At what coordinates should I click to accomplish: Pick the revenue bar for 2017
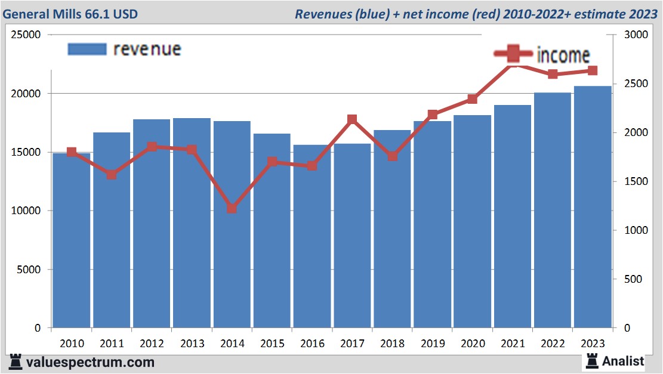[x=352, y=236]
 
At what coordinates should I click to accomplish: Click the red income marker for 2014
[x=232, y=209]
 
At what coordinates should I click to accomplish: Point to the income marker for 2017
[x=352, y=120]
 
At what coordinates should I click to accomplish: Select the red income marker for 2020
[x=472, y=99]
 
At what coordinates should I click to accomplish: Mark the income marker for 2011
[x=112, y=175]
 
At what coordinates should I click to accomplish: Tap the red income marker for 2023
[x=592, y=70]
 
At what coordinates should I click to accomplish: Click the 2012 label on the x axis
[x=152, y=344]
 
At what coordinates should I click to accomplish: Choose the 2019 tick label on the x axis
[x=432, y=344]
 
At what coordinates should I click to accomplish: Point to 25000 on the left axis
[x=26, y=35]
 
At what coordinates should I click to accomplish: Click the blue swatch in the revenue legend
[x=87, y=49]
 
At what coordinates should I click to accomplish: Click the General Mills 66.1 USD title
[x=70, y=13]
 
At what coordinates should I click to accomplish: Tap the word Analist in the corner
[x=623, y=361]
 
